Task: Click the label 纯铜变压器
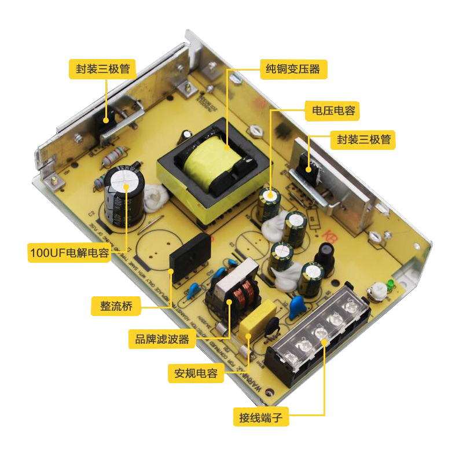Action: coord(292,69)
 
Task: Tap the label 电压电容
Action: coord(334,110)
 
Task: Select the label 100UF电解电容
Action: coord(69,253)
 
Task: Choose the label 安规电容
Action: coord(196,373)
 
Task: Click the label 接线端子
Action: coord(260,417)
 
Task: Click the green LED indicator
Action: coord(391,284)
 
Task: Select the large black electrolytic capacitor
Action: coord(124,197)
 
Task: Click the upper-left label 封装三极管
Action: coord(102,69)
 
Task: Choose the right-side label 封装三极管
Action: coord(362,139)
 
